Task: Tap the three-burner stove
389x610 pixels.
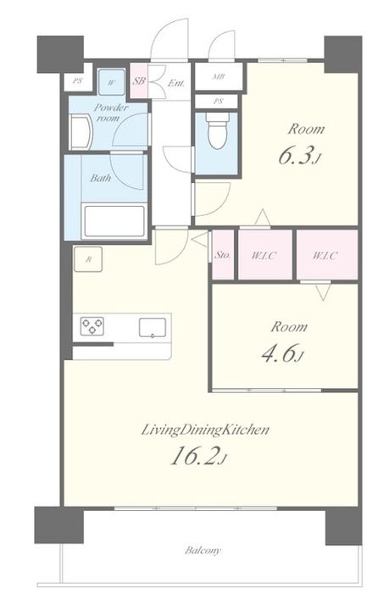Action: click(x=92, y=326)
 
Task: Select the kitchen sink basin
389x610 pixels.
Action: click(x=153, y=327)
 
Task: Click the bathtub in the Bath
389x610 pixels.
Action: click(x=114, y=221)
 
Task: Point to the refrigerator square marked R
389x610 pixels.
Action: click(x=88, y=259)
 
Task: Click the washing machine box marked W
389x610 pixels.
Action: click(x=112, y=82)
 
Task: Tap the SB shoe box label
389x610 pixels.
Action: click(x=139, y=81)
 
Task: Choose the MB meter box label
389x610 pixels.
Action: click(x=218, y=76)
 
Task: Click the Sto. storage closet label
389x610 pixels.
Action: click(x=223, y=255)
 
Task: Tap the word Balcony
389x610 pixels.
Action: click(x=203, y=551)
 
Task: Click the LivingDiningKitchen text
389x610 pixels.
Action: click(x=205, y=430)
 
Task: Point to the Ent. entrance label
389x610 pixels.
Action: click(x=176, y=83)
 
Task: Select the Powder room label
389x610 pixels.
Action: click(x=110, y=113)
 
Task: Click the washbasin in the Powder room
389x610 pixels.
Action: click(x=81, y=132)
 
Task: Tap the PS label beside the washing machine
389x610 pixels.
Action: click(x=78, y=81)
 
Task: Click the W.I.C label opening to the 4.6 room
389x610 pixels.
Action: click(x=325, y=255)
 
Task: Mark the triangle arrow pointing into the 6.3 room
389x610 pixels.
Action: click(x=263, y=217)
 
